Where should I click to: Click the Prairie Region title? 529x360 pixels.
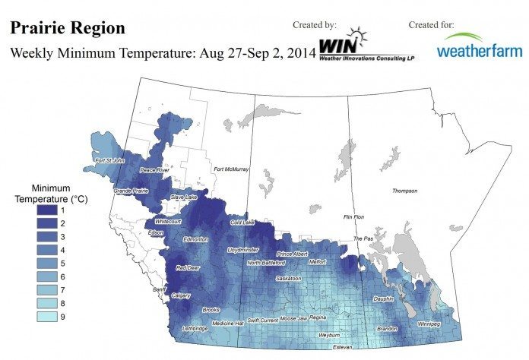click(67, 28)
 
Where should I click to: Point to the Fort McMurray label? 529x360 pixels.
click(232, 169)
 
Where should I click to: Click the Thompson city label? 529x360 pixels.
click(405, 191)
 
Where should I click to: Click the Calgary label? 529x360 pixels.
click(181, 295)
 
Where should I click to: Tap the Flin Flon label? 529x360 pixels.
click(355, 216)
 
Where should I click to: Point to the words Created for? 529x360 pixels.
click(432, 25)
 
